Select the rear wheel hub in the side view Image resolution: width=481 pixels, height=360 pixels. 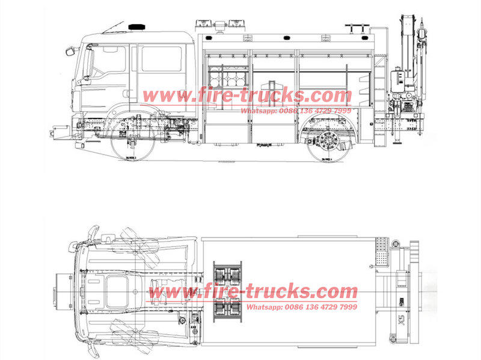(x=328, y=143)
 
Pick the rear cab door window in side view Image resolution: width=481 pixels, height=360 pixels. (x=161, y=59)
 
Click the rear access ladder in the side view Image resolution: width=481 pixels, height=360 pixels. (x=379, y=90)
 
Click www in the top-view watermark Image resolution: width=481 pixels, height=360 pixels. (x=165, y=293)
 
